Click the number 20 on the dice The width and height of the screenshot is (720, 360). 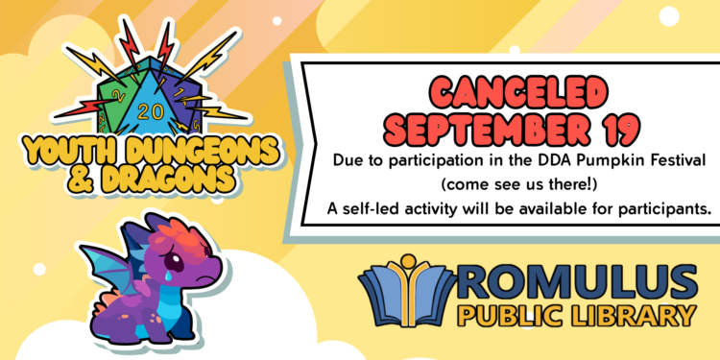pyautogui.click(x=144, y=111)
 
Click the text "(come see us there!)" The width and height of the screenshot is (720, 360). pyautogui.click(x=518, y=185)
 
